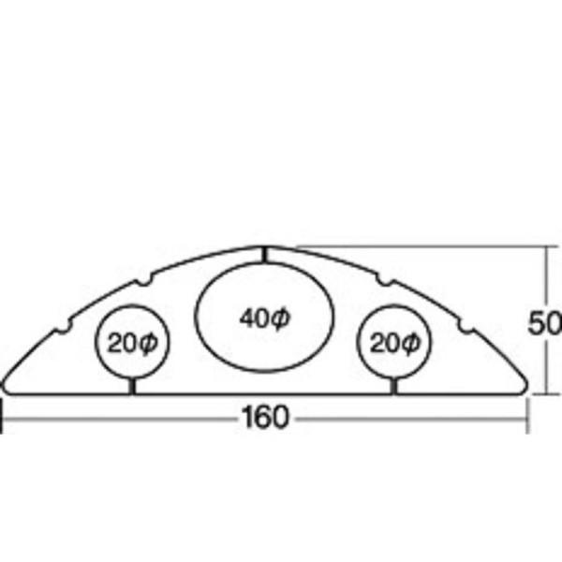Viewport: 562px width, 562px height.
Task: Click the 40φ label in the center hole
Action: tap(264, 318)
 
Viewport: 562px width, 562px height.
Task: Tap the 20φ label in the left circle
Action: tap(133, 343)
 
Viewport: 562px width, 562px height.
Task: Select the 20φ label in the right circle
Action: tap(394, 343)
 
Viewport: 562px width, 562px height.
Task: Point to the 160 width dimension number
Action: tap(264, 417)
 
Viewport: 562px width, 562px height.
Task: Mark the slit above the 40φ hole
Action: tap(264, 255)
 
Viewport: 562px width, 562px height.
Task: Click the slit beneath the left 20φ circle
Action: tap(132, 386)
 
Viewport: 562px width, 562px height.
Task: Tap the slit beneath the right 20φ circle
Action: tap(394, 386)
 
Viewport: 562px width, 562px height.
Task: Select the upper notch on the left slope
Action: tap(144, 281)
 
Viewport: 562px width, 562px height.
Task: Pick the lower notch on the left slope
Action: tap(63, 329)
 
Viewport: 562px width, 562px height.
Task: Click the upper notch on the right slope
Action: tap(385, 281)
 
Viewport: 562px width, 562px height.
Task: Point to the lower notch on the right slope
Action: tap(466, 327)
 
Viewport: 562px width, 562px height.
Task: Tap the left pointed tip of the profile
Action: tap(3, 386)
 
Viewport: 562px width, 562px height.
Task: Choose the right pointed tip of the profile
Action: tap(526, 386)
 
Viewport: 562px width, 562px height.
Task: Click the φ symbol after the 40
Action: tap(279, 318)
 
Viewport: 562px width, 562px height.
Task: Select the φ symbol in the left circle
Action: tap(148, 344)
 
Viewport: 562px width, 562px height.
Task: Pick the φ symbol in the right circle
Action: tap(409, 344)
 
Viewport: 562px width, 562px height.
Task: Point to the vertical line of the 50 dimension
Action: tap(547, 319)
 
